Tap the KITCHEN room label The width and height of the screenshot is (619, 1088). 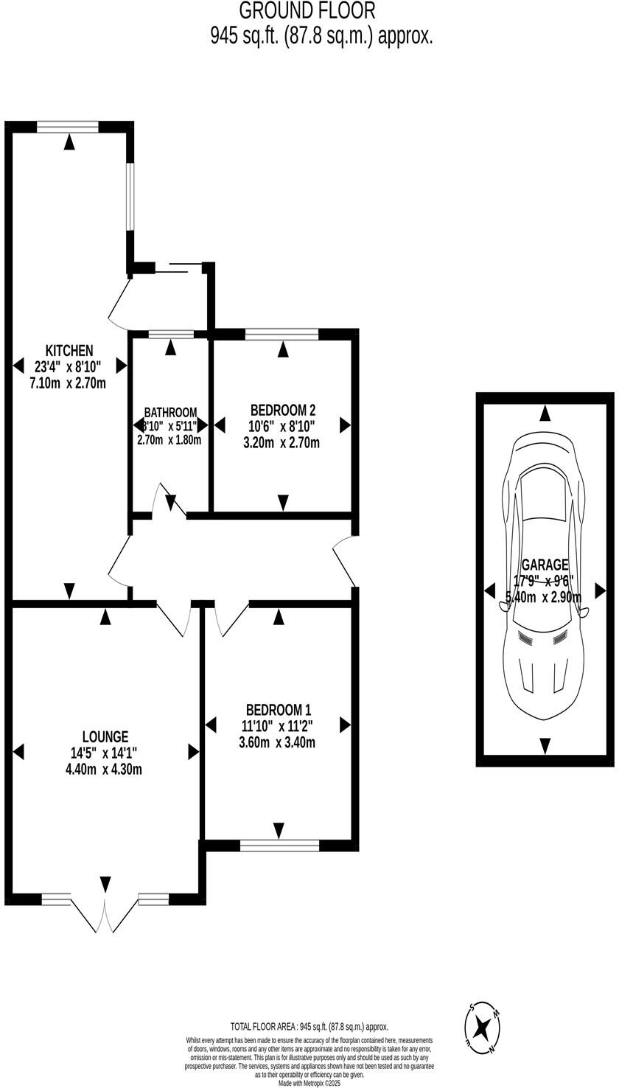(69, 350)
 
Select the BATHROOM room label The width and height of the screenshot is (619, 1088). (170, 412)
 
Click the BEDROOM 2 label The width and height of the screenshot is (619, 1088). (283, 410)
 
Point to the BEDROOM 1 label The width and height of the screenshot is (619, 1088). (278, 710)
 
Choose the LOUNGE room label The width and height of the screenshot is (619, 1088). (105, 736)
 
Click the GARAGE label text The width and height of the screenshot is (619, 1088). (545, 565)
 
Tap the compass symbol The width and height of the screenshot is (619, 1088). (483, 1027)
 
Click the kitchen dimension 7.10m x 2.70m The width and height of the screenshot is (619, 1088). (69, 383)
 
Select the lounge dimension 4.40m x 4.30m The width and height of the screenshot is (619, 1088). (105, 770)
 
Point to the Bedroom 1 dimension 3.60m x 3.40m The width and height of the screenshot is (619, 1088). (278, 742)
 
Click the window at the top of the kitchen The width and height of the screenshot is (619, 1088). (68, 127)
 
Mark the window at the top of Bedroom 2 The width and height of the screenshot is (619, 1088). (281, 335)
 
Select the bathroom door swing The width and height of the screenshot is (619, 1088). (164, 498)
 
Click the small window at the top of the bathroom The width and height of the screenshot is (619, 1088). (171, 335)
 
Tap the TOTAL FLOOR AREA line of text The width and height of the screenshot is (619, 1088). (309, 1026)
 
